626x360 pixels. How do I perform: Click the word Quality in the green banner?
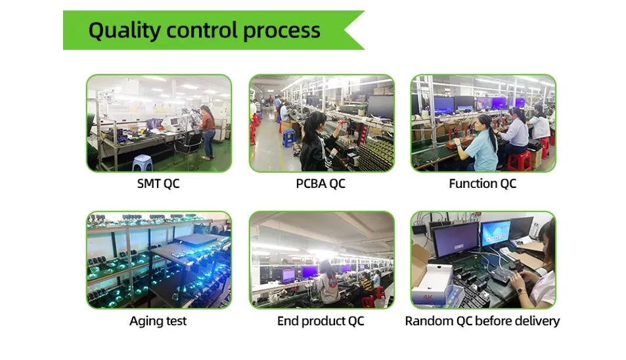tap(124, 31)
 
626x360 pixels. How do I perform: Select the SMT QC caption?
tap(158, 183)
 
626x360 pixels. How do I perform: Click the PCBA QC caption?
tap(321, 183)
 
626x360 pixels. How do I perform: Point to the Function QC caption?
tap(482, 183)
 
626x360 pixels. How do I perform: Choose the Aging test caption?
tap(158, 321)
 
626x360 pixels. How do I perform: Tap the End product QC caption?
tap(321, 321)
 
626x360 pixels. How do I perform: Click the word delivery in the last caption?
tap(537, 321)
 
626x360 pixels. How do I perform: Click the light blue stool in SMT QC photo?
tap(143, 163)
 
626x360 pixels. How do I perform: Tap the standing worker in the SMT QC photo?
tap(207, 132)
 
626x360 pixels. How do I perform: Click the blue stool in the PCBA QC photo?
tap(288, 138)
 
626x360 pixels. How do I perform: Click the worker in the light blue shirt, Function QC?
tap(479, 145)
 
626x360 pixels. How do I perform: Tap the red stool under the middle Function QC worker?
tap(519, 160)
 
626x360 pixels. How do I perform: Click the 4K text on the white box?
tap(428, 298)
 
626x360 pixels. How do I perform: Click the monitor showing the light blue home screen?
tap(496, 233)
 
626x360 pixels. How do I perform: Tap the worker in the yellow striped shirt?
tap(366, 285)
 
